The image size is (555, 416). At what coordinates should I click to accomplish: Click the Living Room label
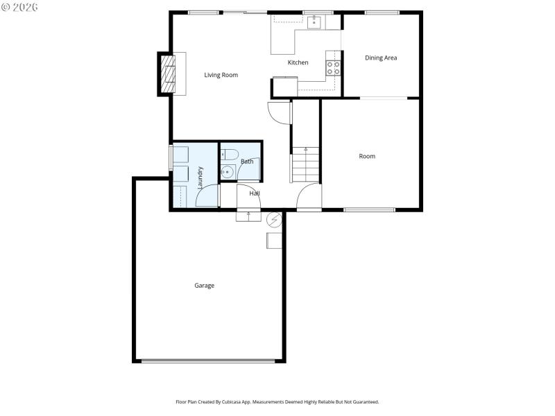tap(221, 75)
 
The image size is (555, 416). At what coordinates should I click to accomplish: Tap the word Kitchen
tap(298, 63)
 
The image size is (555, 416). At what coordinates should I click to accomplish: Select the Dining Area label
tap(381, 58)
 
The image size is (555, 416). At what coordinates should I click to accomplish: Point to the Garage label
tap(204, 286)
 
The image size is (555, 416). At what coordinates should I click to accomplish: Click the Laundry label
tap(200, 177)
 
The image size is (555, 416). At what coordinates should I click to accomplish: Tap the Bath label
tap(247, 162)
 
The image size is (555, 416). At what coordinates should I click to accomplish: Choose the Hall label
tap(255, 193)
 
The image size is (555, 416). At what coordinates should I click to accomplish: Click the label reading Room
tap(367, 157)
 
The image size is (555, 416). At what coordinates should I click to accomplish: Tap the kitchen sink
tap(314, 22)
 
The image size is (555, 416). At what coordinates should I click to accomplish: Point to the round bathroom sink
tap(226, 171)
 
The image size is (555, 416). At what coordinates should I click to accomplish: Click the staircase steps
tap(305, 166)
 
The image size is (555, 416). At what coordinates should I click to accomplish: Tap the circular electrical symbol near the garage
tap(274, 220)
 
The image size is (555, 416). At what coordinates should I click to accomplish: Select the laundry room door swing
tap(207, 196)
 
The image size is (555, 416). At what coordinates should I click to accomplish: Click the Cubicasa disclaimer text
tap(277, 402)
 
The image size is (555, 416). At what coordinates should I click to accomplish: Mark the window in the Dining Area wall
tap(381, 12)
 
